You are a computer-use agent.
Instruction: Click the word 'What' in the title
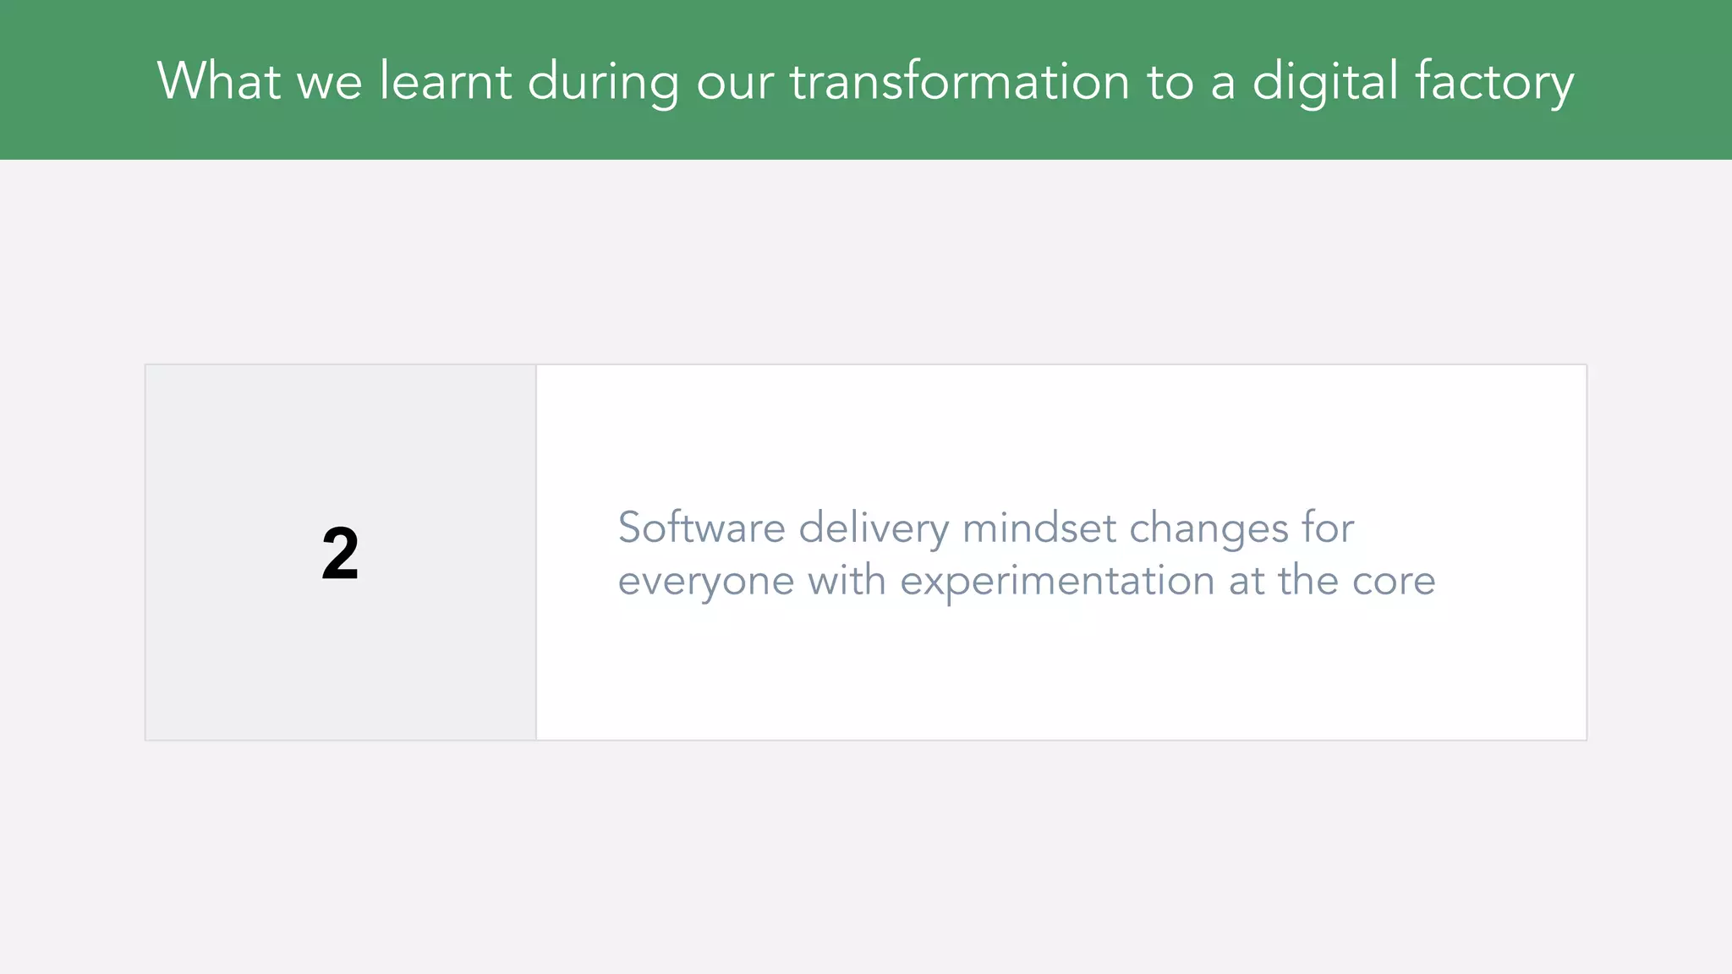218,81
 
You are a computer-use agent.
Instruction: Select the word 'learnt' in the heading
445,81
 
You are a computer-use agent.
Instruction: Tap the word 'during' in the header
603,83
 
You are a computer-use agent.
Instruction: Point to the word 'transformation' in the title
960,81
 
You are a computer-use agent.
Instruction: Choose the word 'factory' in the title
1494,83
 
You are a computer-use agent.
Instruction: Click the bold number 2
340,553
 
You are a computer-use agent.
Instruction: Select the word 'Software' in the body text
702,528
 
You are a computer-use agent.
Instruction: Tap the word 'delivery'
874,529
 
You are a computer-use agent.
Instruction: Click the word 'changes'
1209,529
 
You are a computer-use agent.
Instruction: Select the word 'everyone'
705,582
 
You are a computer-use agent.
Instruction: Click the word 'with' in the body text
847,580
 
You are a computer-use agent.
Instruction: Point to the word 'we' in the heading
329,83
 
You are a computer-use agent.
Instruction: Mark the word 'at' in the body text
1247,581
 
